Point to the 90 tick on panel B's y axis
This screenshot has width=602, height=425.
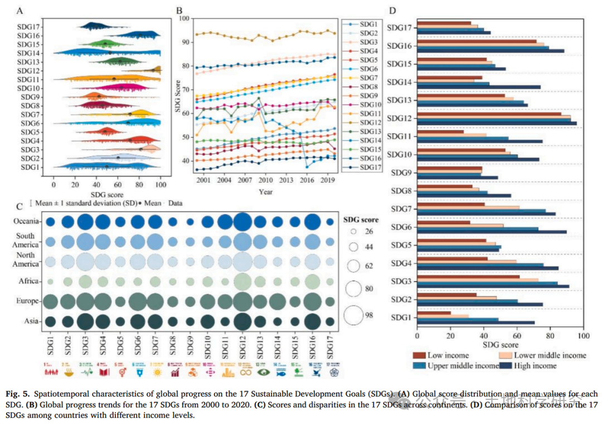tap(186, 42)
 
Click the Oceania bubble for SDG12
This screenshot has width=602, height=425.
tap(242, 222)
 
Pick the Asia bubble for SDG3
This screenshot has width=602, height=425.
tap(85, 321)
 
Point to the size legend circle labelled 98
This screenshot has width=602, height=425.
tap(353, 315)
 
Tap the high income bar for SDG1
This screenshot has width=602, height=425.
tap(475, 322)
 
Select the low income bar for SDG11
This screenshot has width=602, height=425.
tap(440, 132)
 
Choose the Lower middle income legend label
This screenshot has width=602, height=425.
tap(550, 355)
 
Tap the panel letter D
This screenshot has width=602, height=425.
tap(392, 11)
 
